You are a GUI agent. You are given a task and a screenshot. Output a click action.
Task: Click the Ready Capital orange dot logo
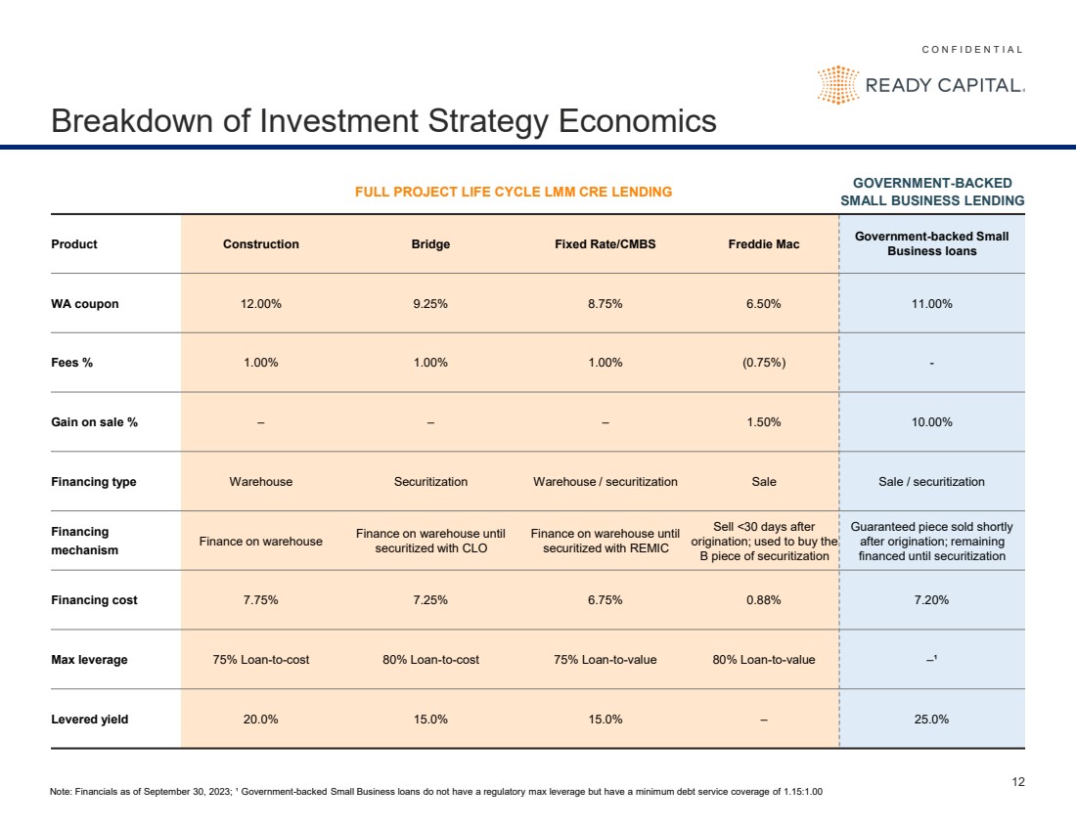pos(838,85)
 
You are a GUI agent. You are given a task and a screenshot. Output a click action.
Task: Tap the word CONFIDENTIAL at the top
pos(972,50)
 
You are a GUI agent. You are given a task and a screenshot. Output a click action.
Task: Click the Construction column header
pos(261,244)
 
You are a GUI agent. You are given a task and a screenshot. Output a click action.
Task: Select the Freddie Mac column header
pos(764,244)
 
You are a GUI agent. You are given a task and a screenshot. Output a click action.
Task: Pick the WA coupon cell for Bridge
pos(430,304)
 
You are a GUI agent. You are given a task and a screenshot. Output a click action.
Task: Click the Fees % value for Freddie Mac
pos(764,363)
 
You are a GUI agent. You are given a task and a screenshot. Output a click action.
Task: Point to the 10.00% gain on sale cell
pos(931,422)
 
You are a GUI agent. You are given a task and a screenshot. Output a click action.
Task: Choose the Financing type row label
pos(93,482)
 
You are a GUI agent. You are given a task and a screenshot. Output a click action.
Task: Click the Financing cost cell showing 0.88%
pos(764,600)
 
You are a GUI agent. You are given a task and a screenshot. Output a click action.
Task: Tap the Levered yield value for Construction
pos(261,720)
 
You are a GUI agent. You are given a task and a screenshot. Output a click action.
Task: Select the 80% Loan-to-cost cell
pos(431,660)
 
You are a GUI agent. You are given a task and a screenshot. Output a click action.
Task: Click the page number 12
pos(1018,782)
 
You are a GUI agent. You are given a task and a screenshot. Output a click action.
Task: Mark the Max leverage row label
pos(89,660)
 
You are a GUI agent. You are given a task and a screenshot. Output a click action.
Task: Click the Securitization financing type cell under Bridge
pos(430,482)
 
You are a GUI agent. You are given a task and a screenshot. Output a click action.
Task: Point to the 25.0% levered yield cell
pos(931,720)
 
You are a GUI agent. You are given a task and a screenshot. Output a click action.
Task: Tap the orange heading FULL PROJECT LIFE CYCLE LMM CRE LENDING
pos(514,192)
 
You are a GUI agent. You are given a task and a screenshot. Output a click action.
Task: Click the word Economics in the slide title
pos(638,120)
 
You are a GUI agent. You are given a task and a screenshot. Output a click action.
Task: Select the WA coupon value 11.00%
pos(931,304)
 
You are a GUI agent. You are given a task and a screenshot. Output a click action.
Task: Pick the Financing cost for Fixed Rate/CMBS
pos(605,600)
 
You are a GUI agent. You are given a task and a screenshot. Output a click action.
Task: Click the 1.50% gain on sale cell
pos(764,422)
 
